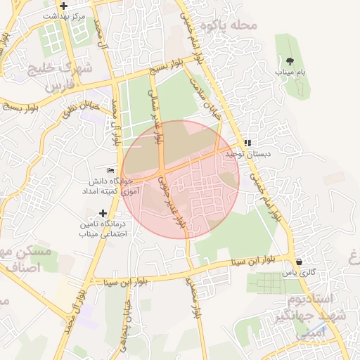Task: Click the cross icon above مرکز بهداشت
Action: tap(65, 6)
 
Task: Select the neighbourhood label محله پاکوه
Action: tap(229, 25)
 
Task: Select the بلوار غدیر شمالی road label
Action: tap(157, 116)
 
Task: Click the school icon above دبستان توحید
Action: tap(247, 142)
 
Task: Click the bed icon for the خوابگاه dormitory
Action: tap(110, 170)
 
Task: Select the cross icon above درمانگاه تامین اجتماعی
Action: tap(103, 212)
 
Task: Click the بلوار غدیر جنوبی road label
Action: tap(172, 201)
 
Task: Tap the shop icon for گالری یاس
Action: tap(300, 261)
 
